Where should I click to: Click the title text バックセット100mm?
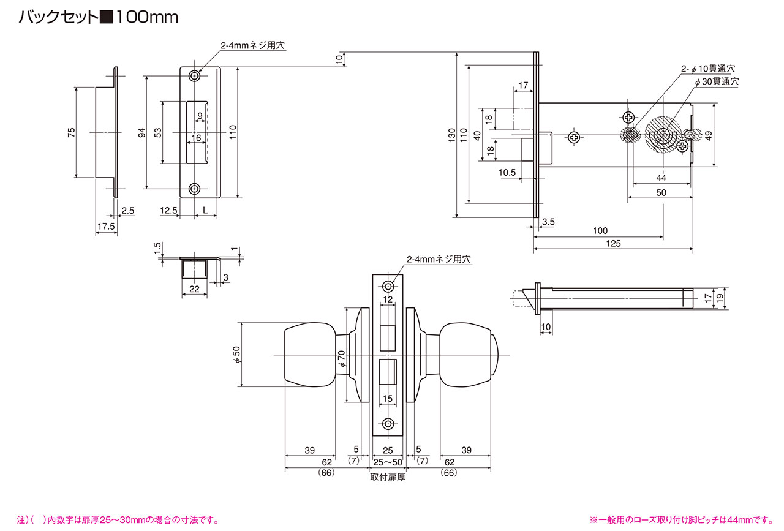point(99,18)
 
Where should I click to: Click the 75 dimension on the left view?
point(71,132)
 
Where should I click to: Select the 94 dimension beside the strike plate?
point(141,132)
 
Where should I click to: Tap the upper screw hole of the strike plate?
point(195,76)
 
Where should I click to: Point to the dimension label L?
point(205,211)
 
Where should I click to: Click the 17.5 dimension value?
point(106,227)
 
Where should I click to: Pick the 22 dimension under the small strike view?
point(193,290)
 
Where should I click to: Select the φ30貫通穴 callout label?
point(717,80)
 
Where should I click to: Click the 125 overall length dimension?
point(613,243)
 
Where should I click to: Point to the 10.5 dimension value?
point(507,173)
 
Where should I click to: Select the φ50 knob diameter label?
point(236,355)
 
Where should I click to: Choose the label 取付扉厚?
point(388,476)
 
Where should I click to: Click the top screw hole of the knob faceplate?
point(388,287)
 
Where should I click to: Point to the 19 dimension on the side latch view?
point(720,298)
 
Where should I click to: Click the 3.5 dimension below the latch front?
point(548,222)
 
